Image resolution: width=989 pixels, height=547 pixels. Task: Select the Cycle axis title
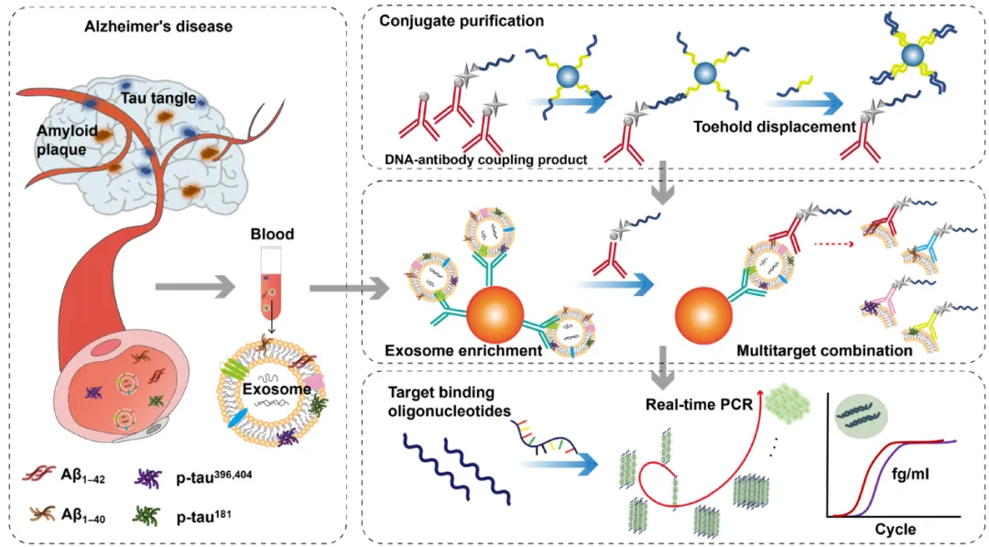click(895, 529)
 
